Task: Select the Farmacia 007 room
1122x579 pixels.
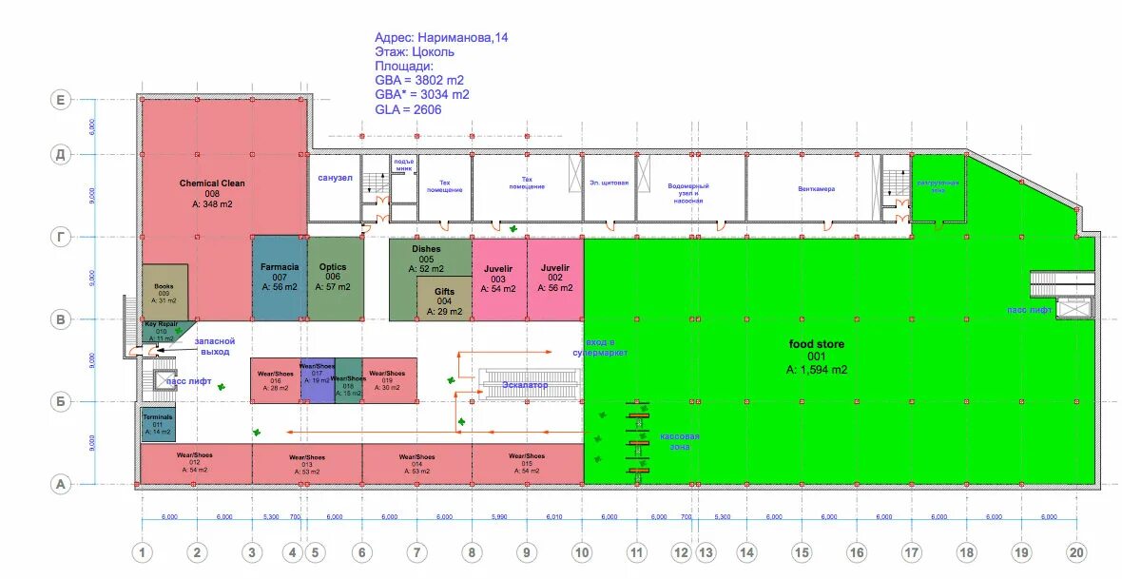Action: click(x=280, y=277)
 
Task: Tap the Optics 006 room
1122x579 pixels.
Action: click(x=334, y=277)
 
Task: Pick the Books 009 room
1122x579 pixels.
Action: click(x=164, y=291)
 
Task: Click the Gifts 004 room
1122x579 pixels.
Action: click(x=444, y=302)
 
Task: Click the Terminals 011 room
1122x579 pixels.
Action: click(x=158, y=424)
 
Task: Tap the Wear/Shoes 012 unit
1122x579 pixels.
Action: click(x=195, y=463)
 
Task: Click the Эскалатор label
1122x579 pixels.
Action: click(x=525, y=384)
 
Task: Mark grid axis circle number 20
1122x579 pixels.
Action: click(x=1076, y=551)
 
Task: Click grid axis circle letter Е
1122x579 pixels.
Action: click(x=61, y=99)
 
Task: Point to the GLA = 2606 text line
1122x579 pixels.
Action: click(x=408, y=109)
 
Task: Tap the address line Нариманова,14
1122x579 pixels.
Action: click(x=441, y=38)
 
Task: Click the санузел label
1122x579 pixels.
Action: click(x=336, y=177)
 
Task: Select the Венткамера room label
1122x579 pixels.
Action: click(x=817, y=188)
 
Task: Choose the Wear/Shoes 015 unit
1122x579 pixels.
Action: click(x=527, y=463)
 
